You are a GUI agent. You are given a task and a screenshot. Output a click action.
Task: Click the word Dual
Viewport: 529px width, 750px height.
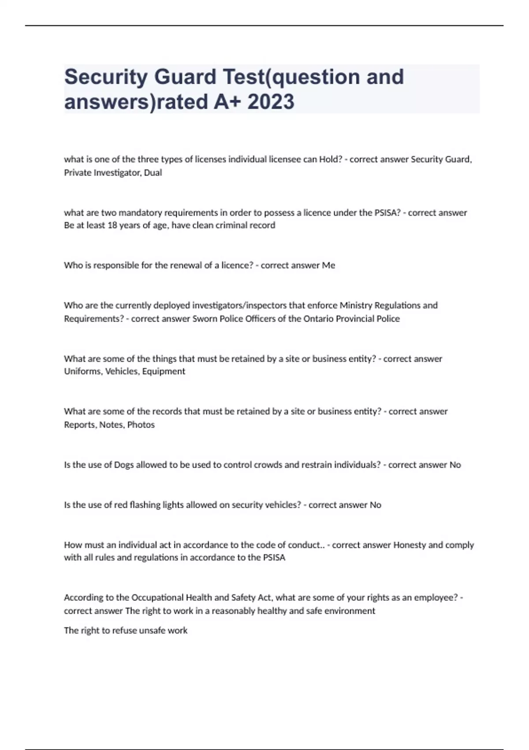pos(153,173)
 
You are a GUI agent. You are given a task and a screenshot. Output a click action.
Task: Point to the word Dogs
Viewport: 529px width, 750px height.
pos(124,465)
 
